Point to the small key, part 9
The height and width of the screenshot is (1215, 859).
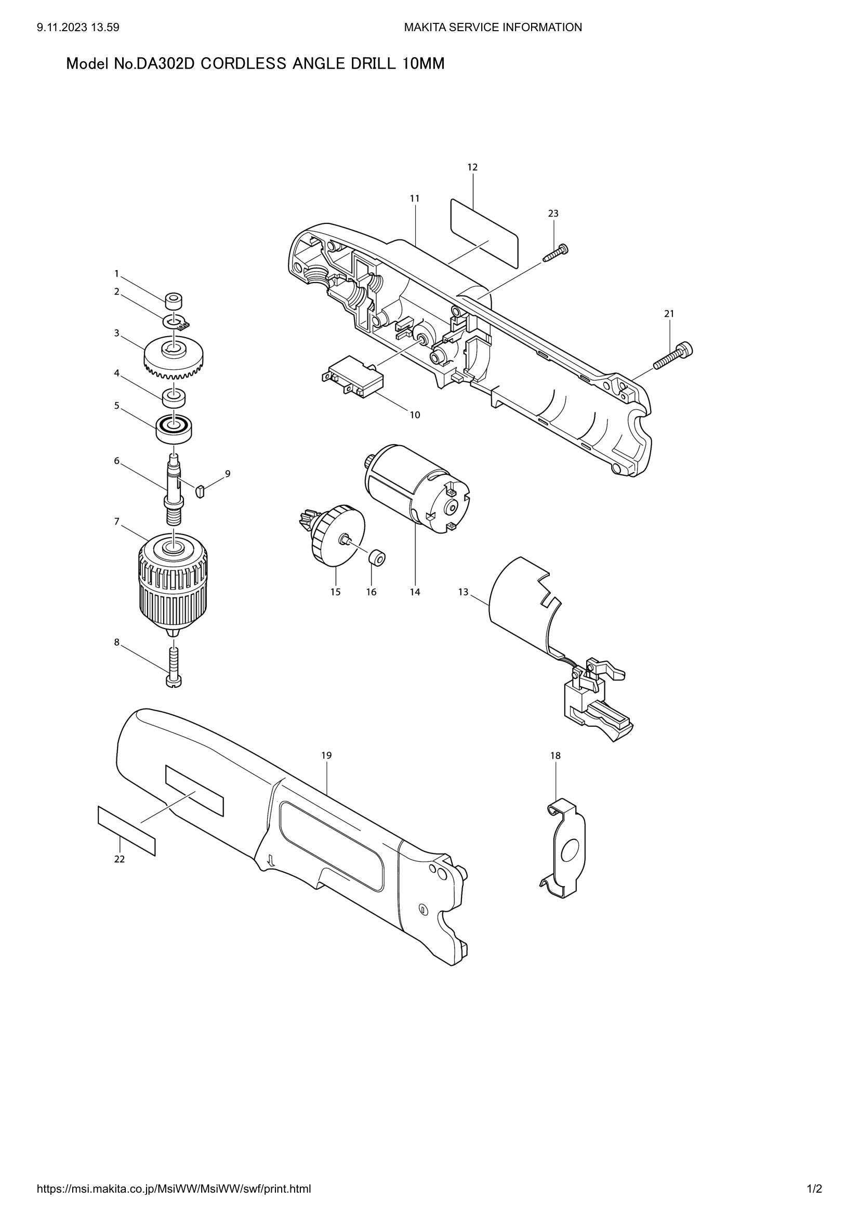coord(200,490)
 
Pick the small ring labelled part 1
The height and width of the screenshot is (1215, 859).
coord(173,302)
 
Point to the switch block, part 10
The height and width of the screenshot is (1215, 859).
coord(353,377)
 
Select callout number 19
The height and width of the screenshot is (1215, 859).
coord(326,755)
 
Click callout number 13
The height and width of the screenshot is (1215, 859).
coord(463,592)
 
